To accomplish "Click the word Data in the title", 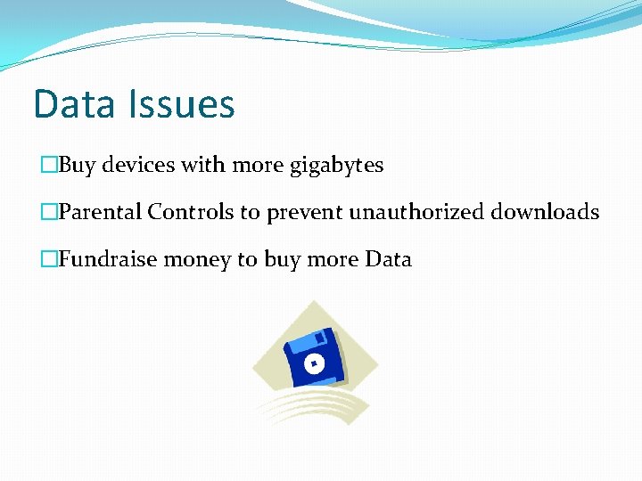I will [x=75, y=104].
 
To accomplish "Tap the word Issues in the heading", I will [x=181, y=104].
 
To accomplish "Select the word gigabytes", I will [x=336, y=166].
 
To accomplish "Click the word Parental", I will [x=100, y=212].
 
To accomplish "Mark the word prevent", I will [x=305, y=213].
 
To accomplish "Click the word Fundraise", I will [x=101, y=260].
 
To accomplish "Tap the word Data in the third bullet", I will [x=388, y=260].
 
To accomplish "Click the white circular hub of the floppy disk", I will [x=313, y=363].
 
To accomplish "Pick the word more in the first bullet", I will [x=259, y=166].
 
